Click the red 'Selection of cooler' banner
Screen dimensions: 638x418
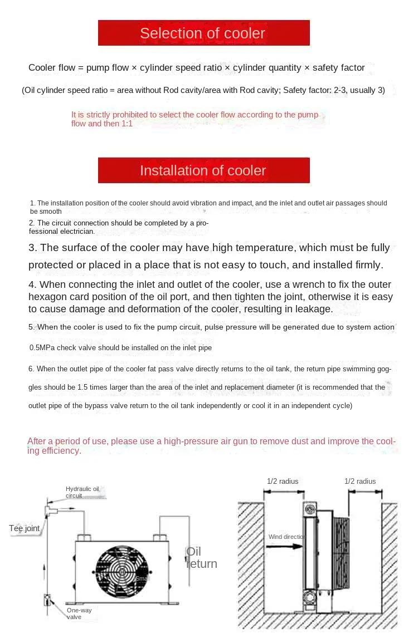tap(203, 33)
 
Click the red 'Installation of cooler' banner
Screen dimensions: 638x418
tap(203, 170)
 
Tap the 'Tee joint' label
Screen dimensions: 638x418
tap(25, 528)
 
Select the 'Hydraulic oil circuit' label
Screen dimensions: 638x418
tap(82, 492)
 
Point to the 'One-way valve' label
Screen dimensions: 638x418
tap(79, 614)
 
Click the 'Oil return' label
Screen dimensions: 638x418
tap(201, 557)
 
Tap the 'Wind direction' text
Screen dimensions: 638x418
tap(287, 537)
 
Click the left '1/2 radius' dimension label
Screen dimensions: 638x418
tap(283, 481)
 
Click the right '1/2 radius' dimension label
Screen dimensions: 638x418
tap(360, 481)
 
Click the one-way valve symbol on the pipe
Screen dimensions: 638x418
tap(47, 600)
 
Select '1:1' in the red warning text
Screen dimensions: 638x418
tap(127, 124)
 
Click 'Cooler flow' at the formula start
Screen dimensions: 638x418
tap(51, 68)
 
